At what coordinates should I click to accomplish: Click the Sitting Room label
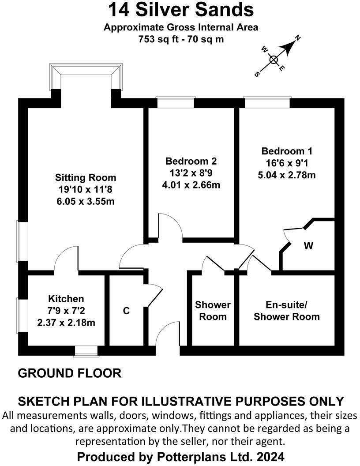86,177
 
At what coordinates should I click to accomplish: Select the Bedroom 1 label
286,150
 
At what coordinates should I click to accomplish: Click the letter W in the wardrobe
308,246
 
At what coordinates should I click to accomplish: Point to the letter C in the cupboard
126,311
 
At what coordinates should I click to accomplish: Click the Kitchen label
66,299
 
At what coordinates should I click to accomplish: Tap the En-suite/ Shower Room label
286,311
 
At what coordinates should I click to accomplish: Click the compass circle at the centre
274,60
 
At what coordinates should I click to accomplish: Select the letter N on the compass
298,39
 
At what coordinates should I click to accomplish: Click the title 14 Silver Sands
181,9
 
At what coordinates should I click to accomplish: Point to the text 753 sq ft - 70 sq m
181,39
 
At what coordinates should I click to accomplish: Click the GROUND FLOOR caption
69,373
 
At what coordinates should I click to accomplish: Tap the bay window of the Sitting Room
86,75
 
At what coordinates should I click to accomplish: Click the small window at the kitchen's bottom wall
86,351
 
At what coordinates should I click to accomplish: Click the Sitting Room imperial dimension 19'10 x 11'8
86,189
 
